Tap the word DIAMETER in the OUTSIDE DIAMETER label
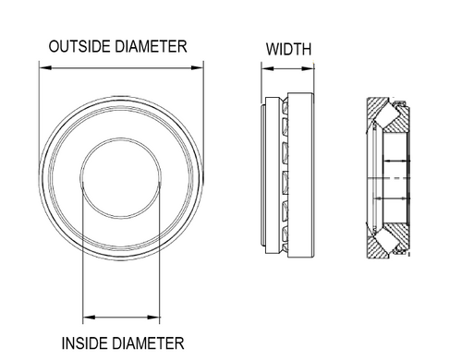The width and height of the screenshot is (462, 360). tap(151, 46)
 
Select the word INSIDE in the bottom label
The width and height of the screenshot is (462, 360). tap(88, 342)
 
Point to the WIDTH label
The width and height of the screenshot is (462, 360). tap(288, 48)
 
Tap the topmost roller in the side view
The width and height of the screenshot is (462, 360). tap(284, 116)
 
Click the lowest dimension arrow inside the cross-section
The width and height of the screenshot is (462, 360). tap(393, 196)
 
